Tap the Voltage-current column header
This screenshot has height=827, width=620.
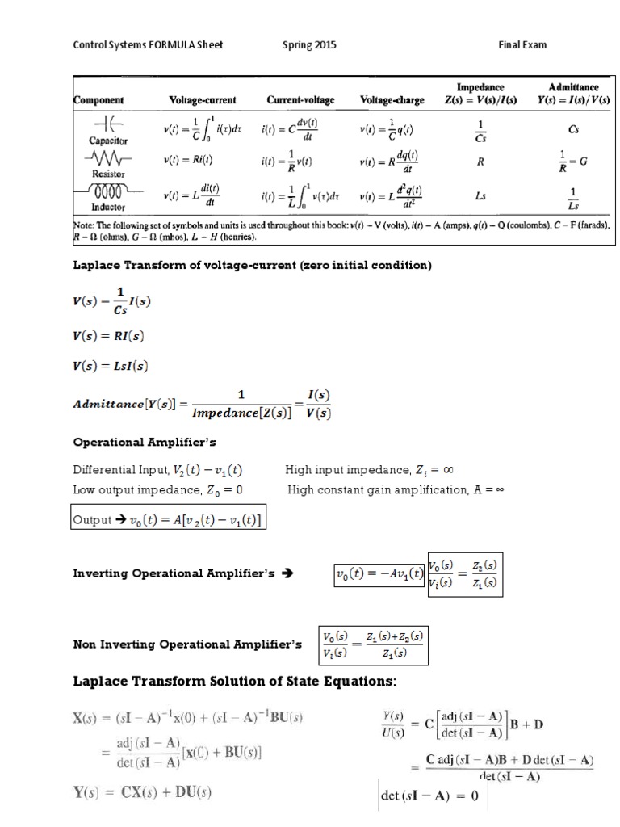pyautogui.click(x=202, y=100)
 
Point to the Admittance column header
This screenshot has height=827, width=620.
pyautogui.click(x=573, y=93)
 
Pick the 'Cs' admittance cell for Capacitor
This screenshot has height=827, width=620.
pyautogui.click(x=573, y=128)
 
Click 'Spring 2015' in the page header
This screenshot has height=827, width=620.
pyautogui.click(x=309, y=45)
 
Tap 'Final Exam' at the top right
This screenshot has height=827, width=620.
pyautogui.click(x=522, y=45)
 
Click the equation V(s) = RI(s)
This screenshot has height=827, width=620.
pyautogui.click(x=109, y=335)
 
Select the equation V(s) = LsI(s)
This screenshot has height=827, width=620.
pyautogui.click(x=111, y=365)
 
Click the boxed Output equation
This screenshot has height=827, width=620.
pyautogui.click(x=169, y=519)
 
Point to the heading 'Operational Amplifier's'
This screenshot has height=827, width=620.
pyautogui.click(x=145, y=443)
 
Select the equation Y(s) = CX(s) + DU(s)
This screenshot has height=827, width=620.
pyautogui.click(x=143, y=793)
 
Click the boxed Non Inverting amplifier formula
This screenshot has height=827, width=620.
pyautogui.click(x=372, y=644)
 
